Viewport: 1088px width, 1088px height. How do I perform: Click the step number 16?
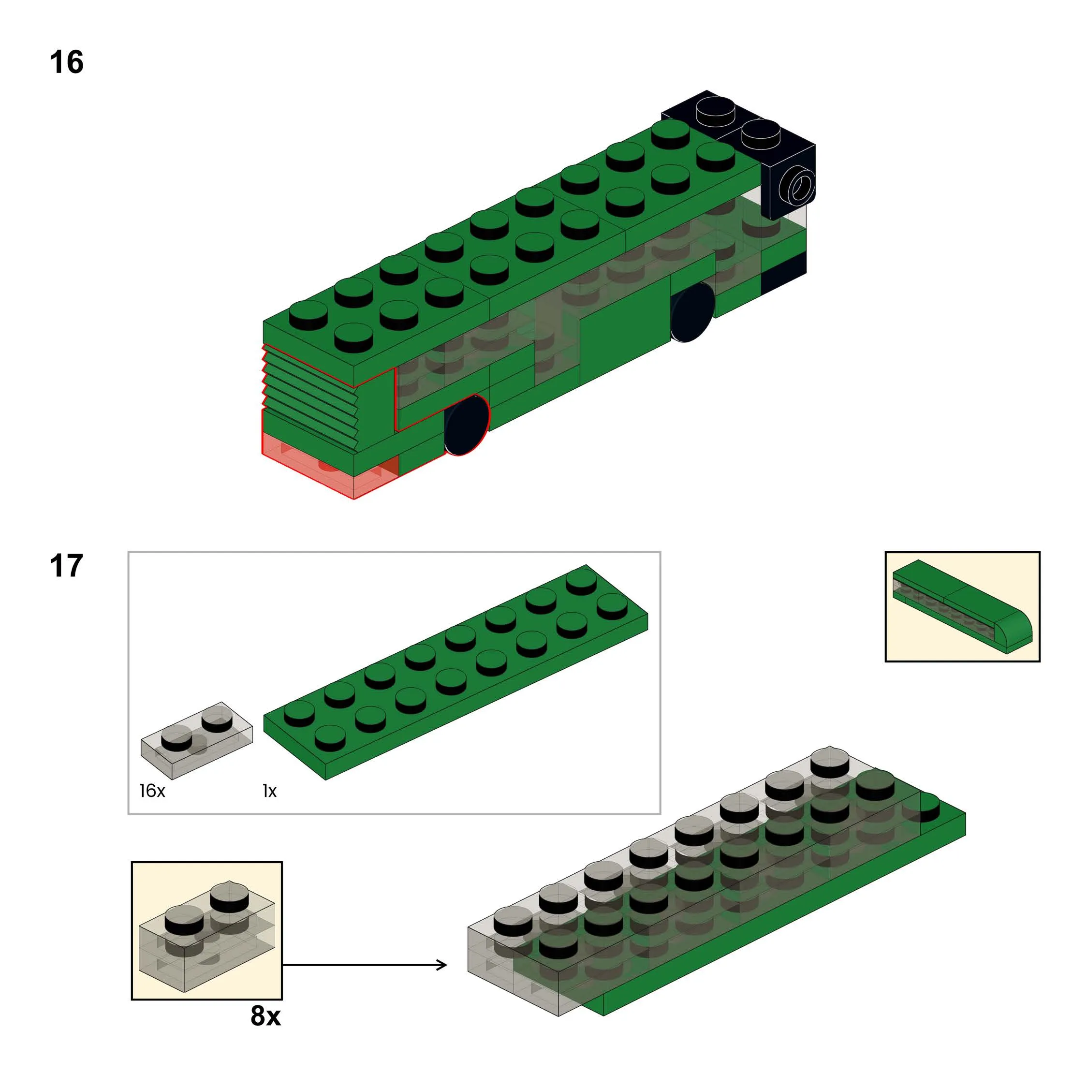pos(66,62)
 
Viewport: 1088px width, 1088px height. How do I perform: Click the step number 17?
pos(66,565)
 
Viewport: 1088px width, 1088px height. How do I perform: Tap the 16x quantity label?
pos(152,791)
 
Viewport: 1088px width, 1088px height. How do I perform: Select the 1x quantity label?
pos(269,791)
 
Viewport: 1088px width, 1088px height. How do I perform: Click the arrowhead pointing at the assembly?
pos(442,965)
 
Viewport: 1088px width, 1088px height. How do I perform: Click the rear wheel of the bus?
pos(692,312)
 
